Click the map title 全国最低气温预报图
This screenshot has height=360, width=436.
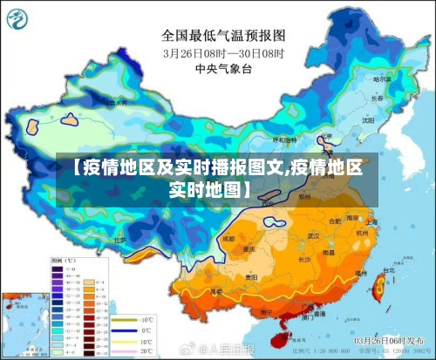click(223, 35)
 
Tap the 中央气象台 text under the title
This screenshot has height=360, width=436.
click(223, 67)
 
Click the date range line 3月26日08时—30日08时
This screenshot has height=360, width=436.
click(223, 51)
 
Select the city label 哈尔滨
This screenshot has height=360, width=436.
click(381, 78)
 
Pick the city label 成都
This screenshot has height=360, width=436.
click(228, 237)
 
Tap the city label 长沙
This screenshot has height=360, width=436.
click(304, 259)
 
